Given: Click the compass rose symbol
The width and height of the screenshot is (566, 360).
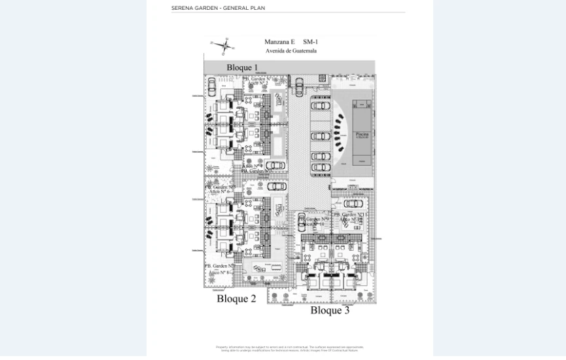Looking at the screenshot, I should (x=224, y=45).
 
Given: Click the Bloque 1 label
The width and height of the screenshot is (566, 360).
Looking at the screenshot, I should (x=242, y=67).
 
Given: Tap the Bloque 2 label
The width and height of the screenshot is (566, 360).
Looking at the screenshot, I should (x=236, y=299).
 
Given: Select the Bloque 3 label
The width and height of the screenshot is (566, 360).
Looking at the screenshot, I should (x=330, y=310).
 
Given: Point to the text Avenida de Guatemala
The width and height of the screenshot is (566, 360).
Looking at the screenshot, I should (x=291, y=50).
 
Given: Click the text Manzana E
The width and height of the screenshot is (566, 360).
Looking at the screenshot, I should (x=279, y=42).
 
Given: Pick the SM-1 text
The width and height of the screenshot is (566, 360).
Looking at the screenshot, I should (x=311, y=42).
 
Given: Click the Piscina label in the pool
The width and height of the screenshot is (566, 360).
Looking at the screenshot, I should (x=362, y=134).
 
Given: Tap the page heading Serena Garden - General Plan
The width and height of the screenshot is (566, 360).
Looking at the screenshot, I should (x=218, y=8).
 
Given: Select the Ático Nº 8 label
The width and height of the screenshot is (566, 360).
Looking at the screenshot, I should (x=219, y=272).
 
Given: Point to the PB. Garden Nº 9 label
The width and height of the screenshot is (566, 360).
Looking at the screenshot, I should (x=314, y=219).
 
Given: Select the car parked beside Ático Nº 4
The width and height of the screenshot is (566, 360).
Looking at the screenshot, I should (x=275, y=166).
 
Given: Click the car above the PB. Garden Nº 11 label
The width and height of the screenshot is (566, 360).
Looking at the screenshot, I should (x=353, y=203).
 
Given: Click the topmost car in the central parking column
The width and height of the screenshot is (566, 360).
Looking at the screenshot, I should (x=321, y=105).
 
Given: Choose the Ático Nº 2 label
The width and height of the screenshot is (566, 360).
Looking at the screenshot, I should (x=256, y=83).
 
